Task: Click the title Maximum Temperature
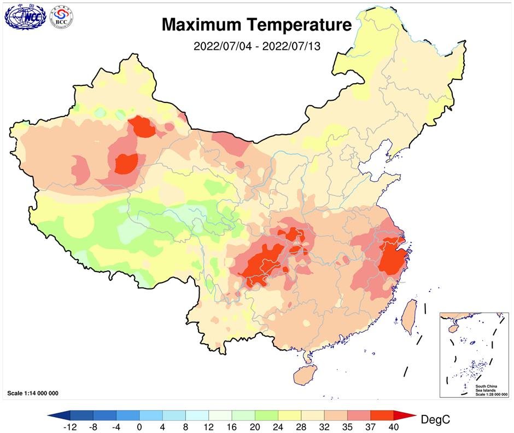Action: point(256,25)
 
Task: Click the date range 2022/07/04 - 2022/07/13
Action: point(256,46)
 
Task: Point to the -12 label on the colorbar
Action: point(69,426)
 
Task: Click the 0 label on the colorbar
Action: point(139,426)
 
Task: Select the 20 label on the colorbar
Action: point(255,426)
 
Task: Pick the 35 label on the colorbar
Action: point(347,426)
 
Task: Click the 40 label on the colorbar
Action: point(394,426)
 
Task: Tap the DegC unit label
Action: point(435,420)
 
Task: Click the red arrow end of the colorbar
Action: point(405,415)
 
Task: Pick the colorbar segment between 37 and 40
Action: point(382,415)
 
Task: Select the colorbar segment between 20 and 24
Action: point(266,415)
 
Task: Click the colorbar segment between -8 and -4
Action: point(104,415)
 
